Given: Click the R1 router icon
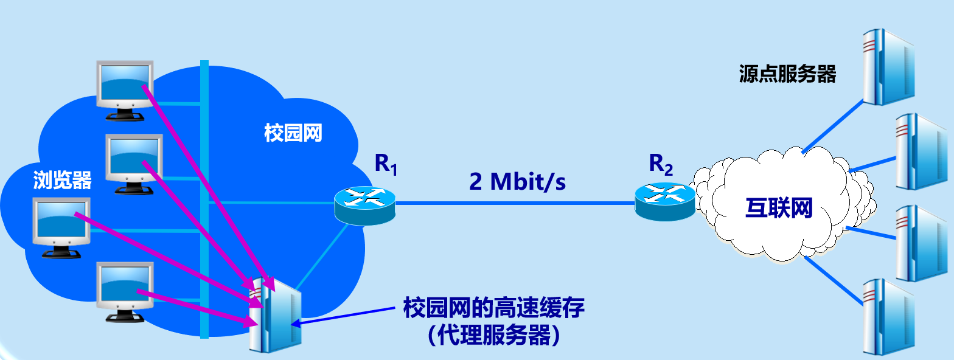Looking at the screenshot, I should (x=364, y=204).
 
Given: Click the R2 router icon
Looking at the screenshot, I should (x=664, y=201).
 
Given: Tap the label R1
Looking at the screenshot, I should (x=386, y=165).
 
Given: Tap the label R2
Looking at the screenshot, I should (x=661, y=165).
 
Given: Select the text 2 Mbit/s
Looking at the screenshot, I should (x=517, y=182).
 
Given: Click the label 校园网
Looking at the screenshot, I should (x=293, y=133).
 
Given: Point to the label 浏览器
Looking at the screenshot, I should (x=63, y=180).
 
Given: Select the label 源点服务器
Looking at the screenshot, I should (x=787, y=74).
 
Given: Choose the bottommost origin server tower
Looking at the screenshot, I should (x=888, y=316).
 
